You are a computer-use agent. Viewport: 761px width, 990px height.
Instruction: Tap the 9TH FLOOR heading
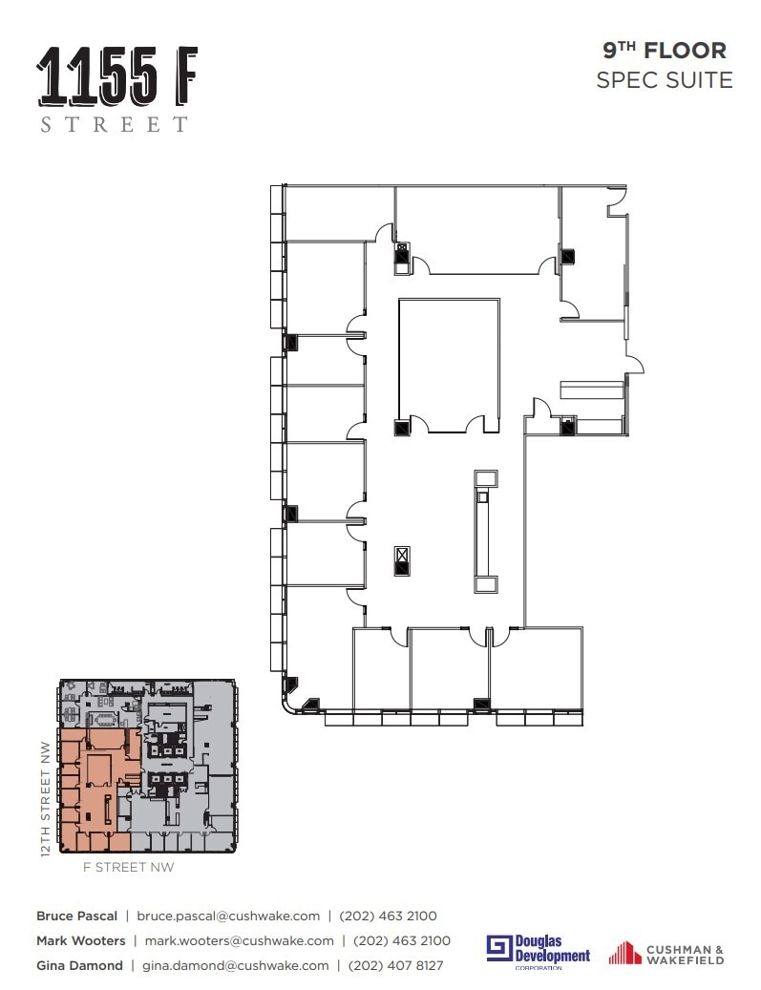(x=664, y=51)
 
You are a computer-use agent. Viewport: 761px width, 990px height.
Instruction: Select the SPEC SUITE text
(x=664, y=80)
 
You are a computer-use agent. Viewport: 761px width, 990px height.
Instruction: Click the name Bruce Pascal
(x=76, y=916)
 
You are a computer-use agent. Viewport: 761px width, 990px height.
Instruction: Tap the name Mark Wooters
(x=80, y=940)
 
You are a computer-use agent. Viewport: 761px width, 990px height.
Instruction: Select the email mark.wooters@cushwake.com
(x=239, y=940)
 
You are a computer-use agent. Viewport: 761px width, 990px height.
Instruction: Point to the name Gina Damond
(x=79, y=965)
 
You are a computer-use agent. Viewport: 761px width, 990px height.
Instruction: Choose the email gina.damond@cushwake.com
(x=236, y=965)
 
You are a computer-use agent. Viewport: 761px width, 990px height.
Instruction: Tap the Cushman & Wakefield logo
(x=666, y=953)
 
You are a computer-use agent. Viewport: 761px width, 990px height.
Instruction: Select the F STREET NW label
(x=129, y=868)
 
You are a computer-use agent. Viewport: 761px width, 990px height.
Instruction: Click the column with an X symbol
(x=402, y=554)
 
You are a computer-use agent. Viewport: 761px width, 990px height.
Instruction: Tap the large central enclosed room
(x=449, y=363)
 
